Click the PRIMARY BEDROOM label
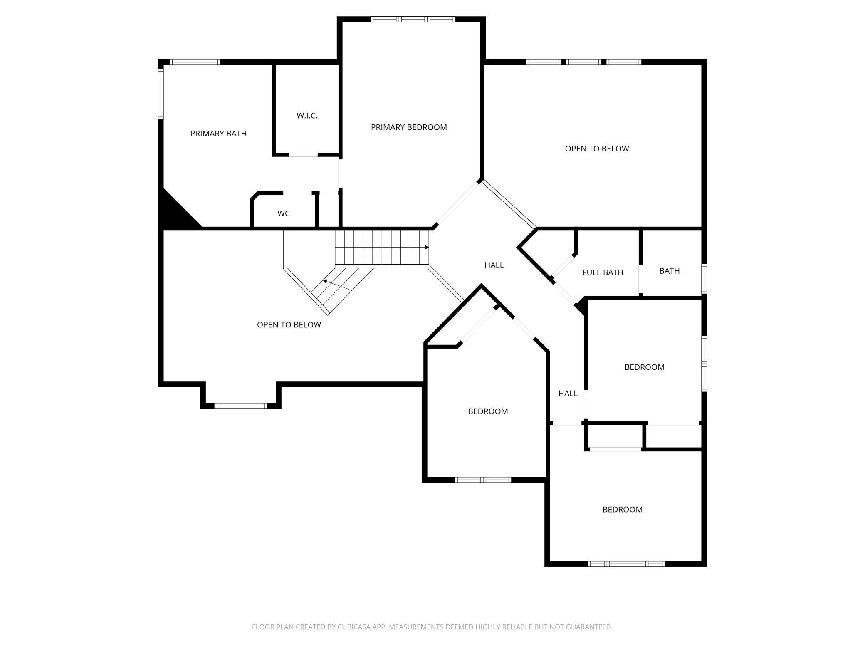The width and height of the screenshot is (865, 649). pyautogui.click(x=409, y=127)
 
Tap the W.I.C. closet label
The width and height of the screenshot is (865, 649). pyautogui.click(x=307, y=116)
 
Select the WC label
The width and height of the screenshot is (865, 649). pyautogui.click(x=284, y=213)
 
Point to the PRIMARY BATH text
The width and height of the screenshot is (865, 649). pyautogui.click(x=218, y=134)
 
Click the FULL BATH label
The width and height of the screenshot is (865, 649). pyautogui.click(x=603, y=272)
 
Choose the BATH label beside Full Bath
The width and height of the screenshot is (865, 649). pyautogui.click(x=669, y=271)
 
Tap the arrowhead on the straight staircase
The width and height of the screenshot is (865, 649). pyautogui.click(x=427, y=248)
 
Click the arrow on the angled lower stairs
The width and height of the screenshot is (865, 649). pyautogui.click(x=325, y=282)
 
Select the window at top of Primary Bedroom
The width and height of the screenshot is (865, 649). pyautogui.click(x=413, y=19)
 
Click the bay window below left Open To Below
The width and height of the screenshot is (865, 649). pyautogui.click(x=241, y=405)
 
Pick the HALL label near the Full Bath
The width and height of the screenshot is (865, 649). pyautogui.click(x=494, y=265)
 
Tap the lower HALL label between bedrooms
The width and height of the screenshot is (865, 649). pyautogui.click(x=568, y=393)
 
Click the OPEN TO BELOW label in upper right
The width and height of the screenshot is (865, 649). pyautogui.click(x=597, y=149)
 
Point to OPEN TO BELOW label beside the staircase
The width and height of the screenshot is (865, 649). pyautogui.click(x=289, y=324)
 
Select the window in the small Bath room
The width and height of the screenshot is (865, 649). pyautogui.click(x=704, y=279)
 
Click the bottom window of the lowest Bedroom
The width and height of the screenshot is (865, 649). pyautogui.click(x=626, y=564)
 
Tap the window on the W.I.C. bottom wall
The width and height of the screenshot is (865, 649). pyautogui.click(x=304, y=155)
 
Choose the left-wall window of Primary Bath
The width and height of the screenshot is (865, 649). pyautogui.click(x=161, y=94)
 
